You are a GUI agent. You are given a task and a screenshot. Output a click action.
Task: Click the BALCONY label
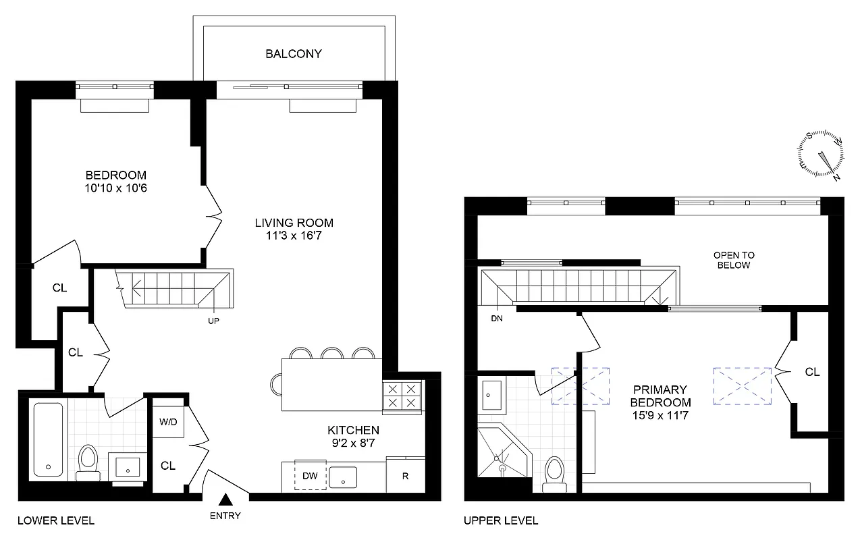click(x=293, y=53)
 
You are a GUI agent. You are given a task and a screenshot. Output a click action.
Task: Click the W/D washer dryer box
click(x=168, y=423)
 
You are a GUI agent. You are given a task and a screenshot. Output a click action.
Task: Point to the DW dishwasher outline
click(x=310, y=476)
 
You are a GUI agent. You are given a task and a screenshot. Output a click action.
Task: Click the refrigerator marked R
click(x=405, y=475)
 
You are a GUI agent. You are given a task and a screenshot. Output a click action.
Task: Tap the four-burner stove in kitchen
click(x=402, y=396)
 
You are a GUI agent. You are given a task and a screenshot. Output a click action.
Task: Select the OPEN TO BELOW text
click(x=734, y=260)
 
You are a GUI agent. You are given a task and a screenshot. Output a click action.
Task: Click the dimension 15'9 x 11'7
click(x=660, y=414)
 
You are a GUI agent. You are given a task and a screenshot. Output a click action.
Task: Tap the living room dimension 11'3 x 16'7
click(x=294, y=235)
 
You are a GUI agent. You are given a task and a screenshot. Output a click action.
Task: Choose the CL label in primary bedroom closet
click(x=812, y=372)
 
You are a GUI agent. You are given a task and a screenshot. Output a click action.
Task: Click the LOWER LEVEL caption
click(x=55, y=520)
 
